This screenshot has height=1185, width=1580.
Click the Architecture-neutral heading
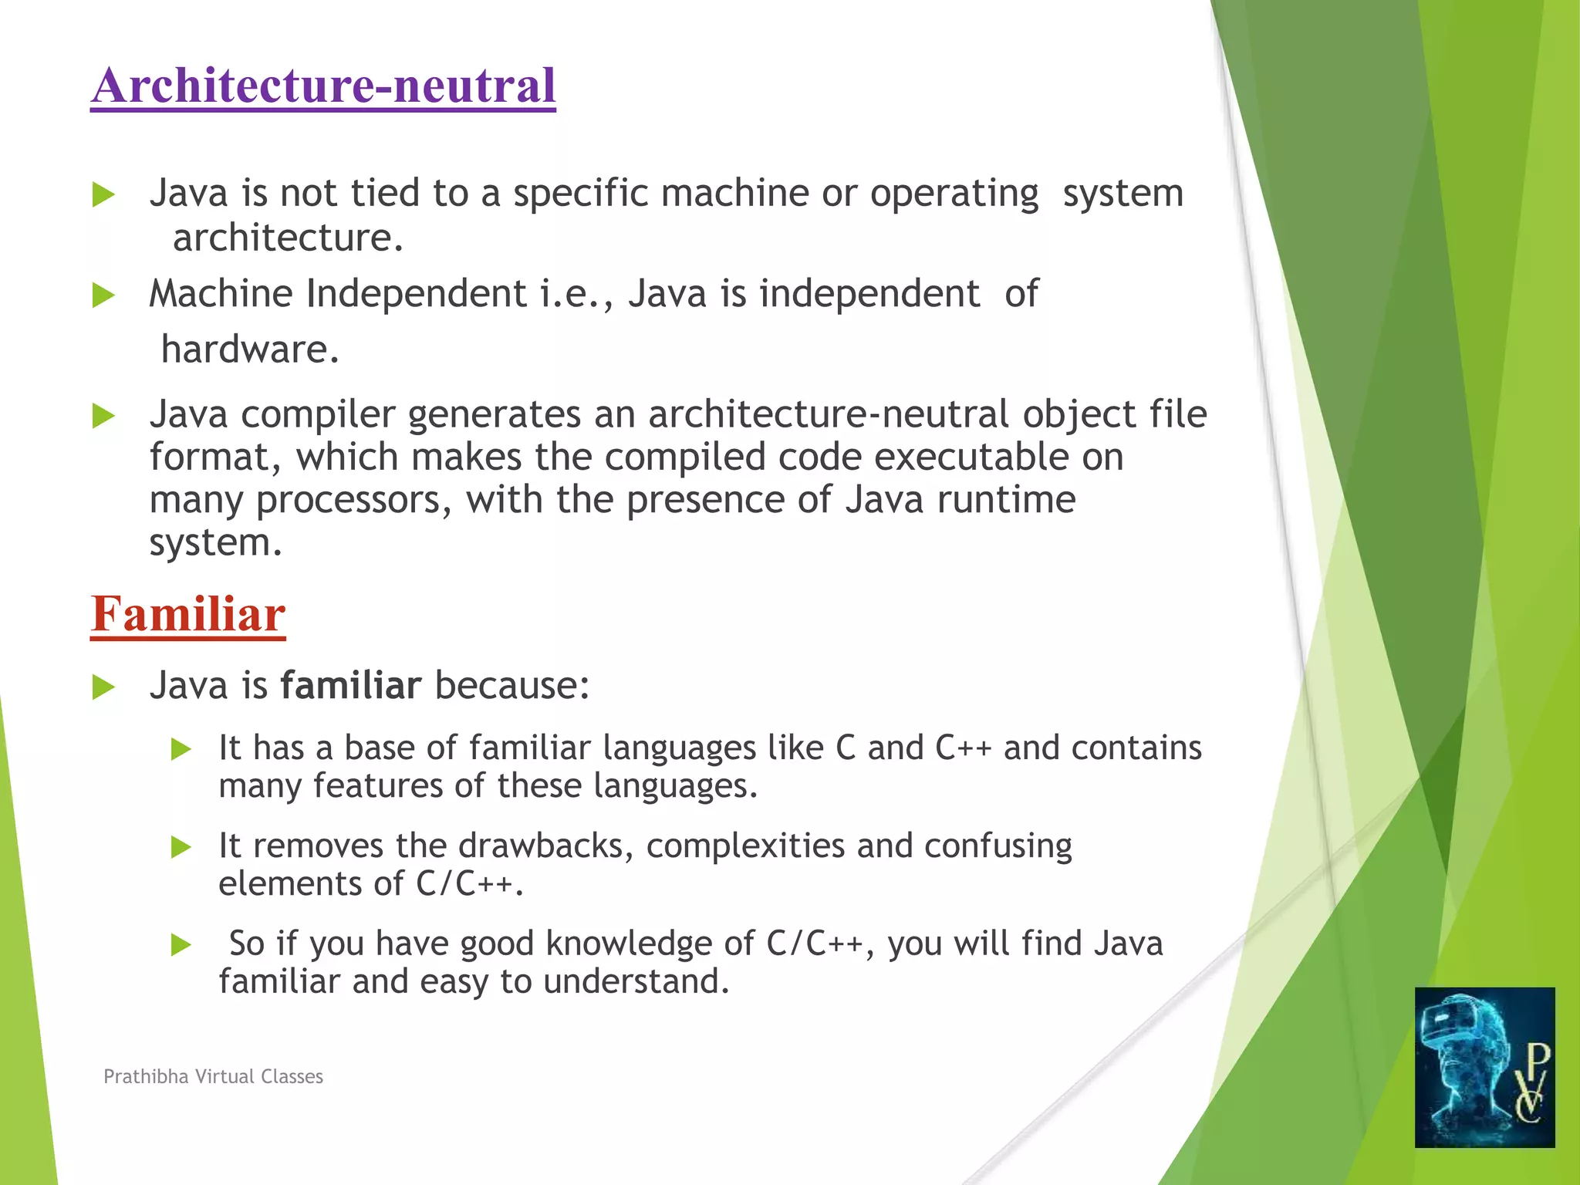[x=322, y=85]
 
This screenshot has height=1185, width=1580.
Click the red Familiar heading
[x=188, y=614]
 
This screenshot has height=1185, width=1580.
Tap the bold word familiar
[x=350, y=685]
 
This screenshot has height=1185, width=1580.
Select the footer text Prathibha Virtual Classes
[x=213, y=1076]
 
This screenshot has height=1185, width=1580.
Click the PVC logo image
[x=1484, y=1067]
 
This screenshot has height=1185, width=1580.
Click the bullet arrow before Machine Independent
[x=103, y=295]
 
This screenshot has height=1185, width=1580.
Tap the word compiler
[x=318, y=414]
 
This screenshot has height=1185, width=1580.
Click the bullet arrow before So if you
[x=181, y=944]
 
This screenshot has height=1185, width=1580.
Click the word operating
[x=954, y=193]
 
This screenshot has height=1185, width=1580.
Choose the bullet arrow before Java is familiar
[x=103, y=687]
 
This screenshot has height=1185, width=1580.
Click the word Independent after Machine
[x=416, y=294]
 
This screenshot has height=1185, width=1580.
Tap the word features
[x=377, y=785]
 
